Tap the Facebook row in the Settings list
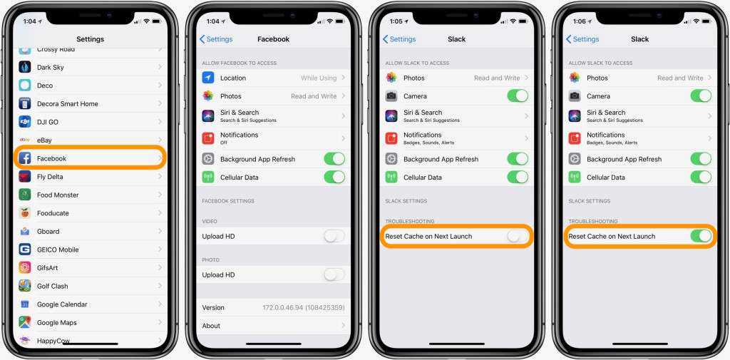(90, 158)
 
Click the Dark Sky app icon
(25, 67)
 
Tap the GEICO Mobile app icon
(25, 250)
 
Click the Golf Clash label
(53, 286)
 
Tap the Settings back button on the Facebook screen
(216, 39)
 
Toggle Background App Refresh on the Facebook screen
(334, 159)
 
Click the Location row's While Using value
(319, 78)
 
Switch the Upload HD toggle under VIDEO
(334, 236)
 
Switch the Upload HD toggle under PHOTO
(334, 274)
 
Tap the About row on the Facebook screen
(273, 326)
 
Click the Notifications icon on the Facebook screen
(208, 138)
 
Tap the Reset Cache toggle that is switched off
(518, 236)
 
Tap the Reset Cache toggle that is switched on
(701, 236)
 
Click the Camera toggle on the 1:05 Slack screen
(518, 96)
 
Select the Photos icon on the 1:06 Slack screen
(575, 78)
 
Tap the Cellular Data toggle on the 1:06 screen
(701, 177)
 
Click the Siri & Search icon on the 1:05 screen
(391, 116)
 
